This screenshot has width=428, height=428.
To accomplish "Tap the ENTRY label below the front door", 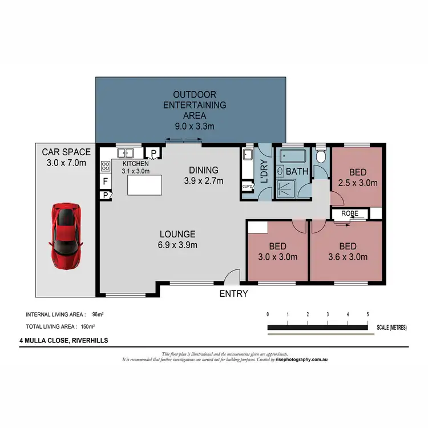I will click(234, 293).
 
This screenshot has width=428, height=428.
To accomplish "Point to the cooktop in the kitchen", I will click(106, 166).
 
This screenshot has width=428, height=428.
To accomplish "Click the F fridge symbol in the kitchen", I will click(106, 182).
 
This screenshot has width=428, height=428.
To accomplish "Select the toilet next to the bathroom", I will click(321, 156).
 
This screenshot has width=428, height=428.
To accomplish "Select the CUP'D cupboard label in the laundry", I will click(248, 186).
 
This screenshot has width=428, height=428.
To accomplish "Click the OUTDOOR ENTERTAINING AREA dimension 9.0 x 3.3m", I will click(191, 127).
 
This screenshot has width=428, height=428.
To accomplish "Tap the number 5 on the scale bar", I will click(368, 314).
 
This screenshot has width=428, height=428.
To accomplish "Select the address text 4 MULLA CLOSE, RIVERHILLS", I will click(63, 341).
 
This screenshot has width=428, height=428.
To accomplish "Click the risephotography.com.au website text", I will click(301, 360).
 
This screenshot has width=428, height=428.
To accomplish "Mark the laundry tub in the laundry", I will click(247, 155).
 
